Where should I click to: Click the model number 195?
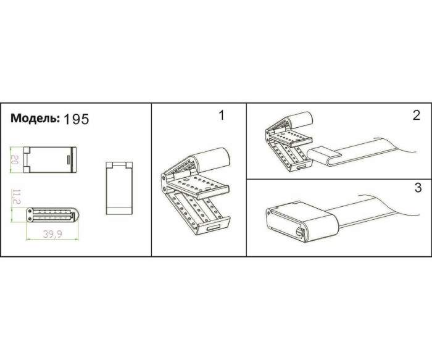pos(76,119)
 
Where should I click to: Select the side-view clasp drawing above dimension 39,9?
pos(52,214)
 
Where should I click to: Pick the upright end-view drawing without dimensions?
pos(120,188)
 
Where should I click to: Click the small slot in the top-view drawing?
pos(66,159)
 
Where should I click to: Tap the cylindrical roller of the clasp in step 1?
pos(213,158)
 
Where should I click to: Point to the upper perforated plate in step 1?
pos(196,183)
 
